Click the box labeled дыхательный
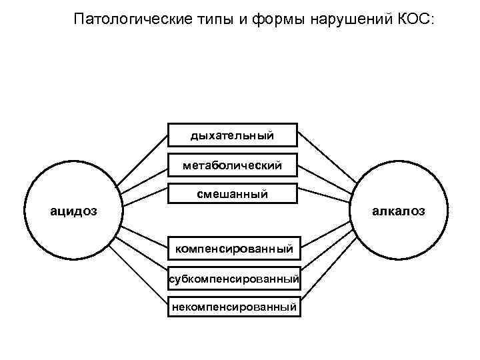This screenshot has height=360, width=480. click(x=232, y=135)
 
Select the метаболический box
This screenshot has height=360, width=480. click(x=232, y=165)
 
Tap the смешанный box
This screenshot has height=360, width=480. click(x=232, y=194)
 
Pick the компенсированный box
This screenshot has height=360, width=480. click(x=233, y=249)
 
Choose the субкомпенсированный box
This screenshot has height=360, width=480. click(x=233, y=278)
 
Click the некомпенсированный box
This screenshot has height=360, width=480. click(x=233, y=307)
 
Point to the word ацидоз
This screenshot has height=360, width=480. click(x=75, y=211)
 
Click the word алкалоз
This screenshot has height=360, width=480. click(x=398, y=211)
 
